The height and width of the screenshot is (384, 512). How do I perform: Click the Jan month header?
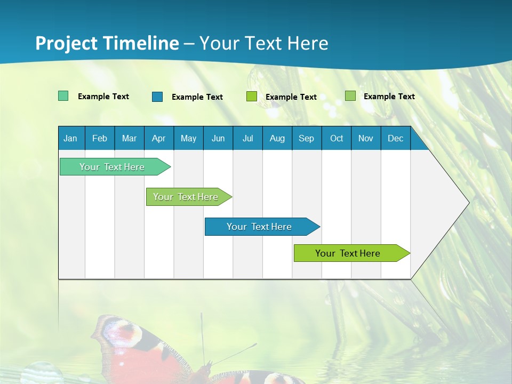(x=71, y=138)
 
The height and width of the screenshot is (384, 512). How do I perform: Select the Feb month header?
(x=100, y=138)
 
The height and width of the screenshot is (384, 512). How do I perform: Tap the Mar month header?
(x=129, y=138)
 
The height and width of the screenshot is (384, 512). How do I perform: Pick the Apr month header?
(x=159, y=138)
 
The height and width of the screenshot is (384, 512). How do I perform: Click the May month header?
(x=188, y=138)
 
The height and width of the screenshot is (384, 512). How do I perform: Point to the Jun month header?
(x=218, y=138)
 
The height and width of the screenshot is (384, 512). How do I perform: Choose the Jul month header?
(x=247, y=138)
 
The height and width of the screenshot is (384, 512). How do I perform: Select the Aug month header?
(x=277, y=138)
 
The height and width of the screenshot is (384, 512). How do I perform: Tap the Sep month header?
(x=307, y=138)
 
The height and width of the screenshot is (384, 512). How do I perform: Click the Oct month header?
(x=337, y=138)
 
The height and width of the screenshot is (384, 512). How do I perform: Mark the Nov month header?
(x=366, y=138)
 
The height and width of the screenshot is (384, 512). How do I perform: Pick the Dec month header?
(x=396, y=138)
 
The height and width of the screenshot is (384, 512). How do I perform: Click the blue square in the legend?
(x=157, y=97)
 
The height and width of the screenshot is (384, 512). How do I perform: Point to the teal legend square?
(x=63, y=96)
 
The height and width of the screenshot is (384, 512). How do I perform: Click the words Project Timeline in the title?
(x=107, y=43)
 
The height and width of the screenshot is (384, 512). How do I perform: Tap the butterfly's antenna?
(x=202, y=336)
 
